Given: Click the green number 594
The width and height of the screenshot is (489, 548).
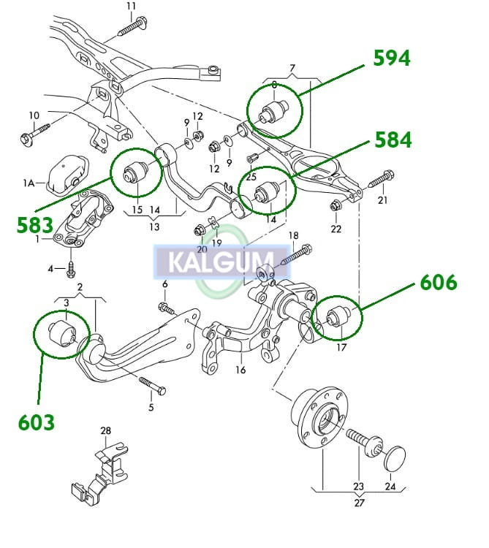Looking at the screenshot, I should (x=392, y=58).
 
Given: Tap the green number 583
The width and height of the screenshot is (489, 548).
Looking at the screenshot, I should (x=35, y=224).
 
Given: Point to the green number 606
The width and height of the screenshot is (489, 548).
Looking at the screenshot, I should (x=437, y=282).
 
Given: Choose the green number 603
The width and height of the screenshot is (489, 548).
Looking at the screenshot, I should (x=37, y=422).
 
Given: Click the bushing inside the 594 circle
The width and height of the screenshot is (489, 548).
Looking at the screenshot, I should (x=276, y=112).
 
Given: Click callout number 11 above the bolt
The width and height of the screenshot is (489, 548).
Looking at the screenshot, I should (x=131, y=7).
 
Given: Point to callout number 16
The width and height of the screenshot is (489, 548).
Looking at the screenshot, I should (x=240, y=370).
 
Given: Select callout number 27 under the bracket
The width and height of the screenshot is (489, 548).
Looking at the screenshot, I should (x=359, y=502).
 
